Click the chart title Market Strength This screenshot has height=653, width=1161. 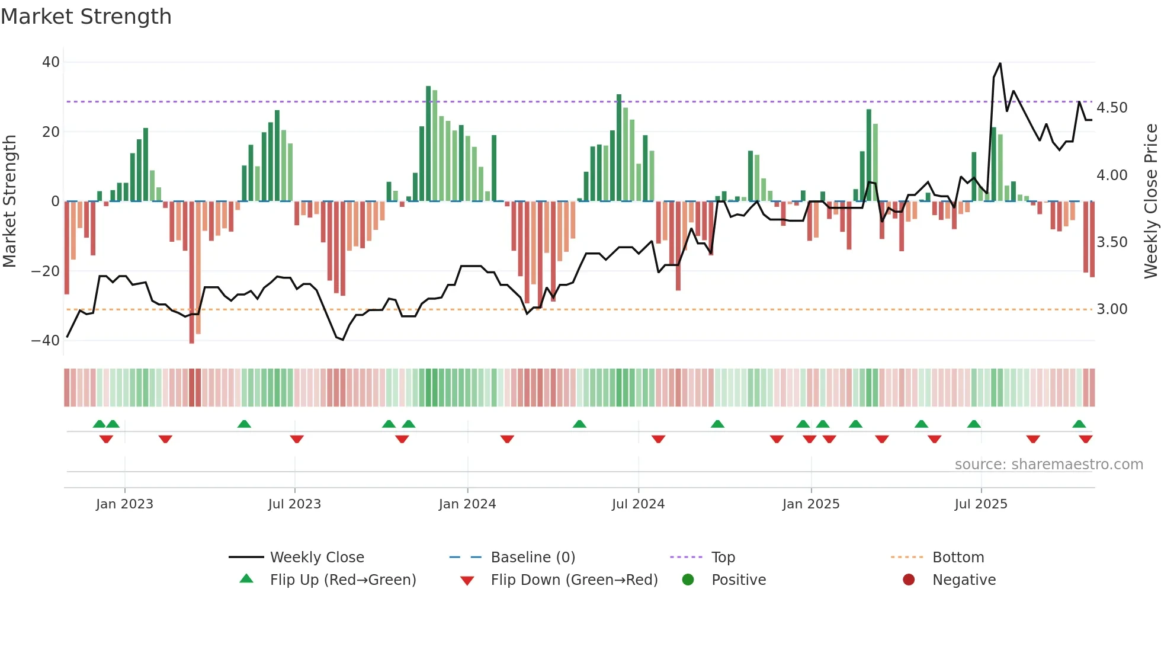click(x=86, y=17)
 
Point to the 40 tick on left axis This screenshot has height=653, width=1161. click(x=51, y=62)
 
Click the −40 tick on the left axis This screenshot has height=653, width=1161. click(x=46, y=341)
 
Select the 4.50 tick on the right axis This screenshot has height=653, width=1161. click(x=1112, y=108)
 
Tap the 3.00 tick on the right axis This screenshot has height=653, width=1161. click(x=1112, y=309)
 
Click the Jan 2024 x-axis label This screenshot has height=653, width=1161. click(x=467, y=504)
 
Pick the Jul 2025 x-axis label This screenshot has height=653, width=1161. click(x=981, y=504)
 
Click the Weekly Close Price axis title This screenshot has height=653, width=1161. click(x=1150, y=201)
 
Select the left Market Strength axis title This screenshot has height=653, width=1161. click(x=10, y=201)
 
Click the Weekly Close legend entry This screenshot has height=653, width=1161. click(x=317, y=558)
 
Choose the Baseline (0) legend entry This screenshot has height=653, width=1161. click(x=533, y=558)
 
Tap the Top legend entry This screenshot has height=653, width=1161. click(x=723, y=558)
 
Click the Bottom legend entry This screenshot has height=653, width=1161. click(x=958, y=558)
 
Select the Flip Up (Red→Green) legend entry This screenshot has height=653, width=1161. click(x=342, y=580)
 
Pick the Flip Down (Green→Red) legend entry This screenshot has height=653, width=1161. click(x=574, y=580)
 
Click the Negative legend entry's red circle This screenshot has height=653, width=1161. click(x=909, y=580)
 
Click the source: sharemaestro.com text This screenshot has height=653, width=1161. click(x=1048, y=465)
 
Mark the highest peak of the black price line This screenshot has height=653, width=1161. click(x=1000, y=63)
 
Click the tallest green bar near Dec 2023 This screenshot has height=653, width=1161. click(x=428, y=143)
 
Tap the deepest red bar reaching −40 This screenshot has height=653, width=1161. click(x=191, y=273)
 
